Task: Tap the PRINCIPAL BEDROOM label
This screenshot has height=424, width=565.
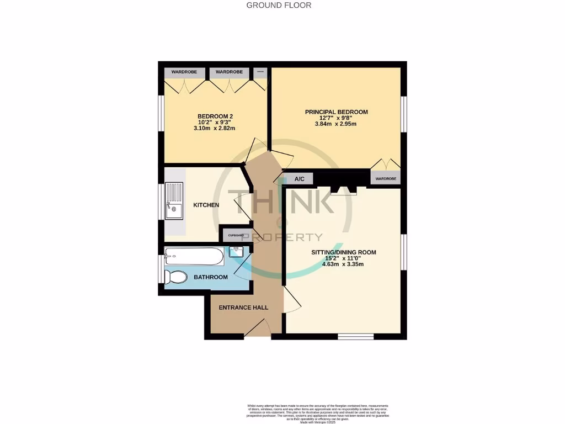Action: [336, 112]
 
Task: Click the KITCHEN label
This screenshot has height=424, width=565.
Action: [206, 205]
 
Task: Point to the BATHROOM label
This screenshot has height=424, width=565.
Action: [210, 277]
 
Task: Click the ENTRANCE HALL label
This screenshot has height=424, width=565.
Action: [243, 308]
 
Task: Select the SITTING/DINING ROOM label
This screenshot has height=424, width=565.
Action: [344, 252]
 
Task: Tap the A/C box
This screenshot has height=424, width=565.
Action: [300, 179]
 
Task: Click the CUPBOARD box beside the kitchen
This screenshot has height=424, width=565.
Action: [236, 236]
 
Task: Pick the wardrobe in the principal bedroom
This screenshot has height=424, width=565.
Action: [386, 179]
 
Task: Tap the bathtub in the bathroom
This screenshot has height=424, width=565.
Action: [194, 256]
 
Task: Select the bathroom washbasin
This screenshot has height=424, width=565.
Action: [236, 251]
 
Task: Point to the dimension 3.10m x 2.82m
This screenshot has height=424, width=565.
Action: [215, 129]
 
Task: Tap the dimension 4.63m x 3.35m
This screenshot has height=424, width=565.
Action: [343, 264]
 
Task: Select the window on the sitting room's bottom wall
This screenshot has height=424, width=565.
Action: [356, 336]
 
